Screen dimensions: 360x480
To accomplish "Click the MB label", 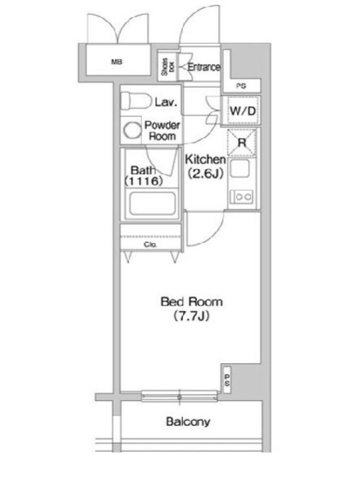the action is tap(116, 62).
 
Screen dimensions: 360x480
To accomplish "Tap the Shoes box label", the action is tap(168, 67).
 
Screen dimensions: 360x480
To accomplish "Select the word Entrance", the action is tap(204, 67).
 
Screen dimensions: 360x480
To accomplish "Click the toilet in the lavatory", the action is tap(136, 101).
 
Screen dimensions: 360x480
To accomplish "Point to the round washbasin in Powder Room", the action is tap(132, 130).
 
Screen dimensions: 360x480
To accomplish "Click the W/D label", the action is tap(243, 111).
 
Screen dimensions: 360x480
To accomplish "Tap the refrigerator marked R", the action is tap(242, 143).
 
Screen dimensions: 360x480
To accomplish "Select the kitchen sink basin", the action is tap(239, 168).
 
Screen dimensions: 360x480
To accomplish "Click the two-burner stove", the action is tap(242, 197).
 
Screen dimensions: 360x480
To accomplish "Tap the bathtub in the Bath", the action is tap(152, 203).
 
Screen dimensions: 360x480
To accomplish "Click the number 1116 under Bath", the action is tap(143, 181).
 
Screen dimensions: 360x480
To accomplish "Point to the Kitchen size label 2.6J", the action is tap(205, 174).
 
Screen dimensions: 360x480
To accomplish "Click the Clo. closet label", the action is tap(151, 245).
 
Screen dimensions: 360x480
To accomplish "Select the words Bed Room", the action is tap(191, 302).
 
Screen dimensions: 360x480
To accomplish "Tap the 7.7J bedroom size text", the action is tap(191, 316).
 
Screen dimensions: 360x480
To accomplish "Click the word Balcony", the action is tap(188, 422).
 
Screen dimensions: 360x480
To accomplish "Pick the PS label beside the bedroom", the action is tap(227, 380).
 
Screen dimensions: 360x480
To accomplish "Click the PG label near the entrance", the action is tap(241, 86).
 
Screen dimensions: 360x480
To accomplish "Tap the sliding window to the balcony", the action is tap(179, 396).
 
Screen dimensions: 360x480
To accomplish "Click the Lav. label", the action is tap(166, 102).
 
